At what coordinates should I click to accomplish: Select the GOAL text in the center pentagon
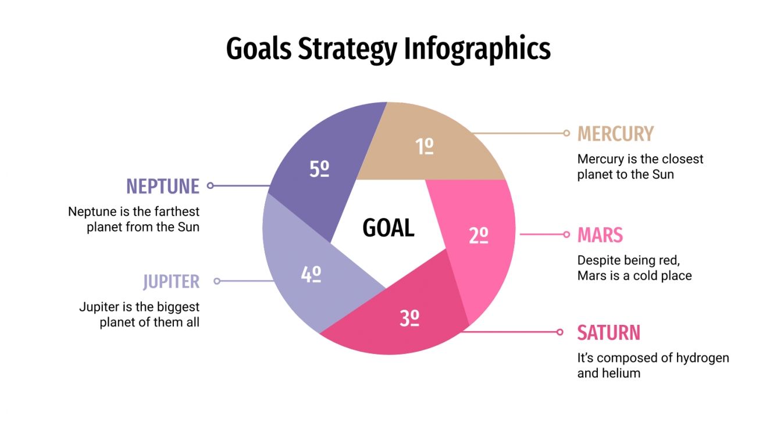tap(388, 228)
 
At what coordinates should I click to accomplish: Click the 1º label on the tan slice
tap(425, 147)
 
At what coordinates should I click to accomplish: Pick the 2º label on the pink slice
tap(478, 235)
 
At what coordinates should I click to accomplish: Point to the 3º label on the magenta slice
tap(409, 318)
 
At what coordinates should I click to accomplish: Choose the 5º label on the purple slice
tap(319, 169)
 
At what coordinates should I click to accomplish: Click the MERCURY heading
tap(615, 134)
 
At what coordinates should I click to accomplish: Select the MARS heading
tap(600, 235)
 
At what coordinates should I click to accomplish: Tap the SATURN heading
tap(608, 333)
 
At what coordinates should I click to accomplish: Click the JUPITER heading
tap(171, 282)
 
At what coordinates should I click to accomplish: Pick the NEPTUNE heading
tap(163, 186)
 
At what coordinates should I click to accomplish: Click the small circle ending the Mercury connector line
tap(566, 133)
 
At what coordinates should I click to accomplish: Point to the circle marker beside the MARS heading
tap(566, 235)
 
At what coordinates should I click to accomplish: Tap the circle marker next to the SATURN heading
tap(560, 332)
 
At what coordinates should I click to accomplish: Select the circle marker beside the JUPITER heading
tap(217, 281)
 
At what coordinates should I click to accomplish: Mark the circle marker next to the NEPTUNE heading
tap(211, 186)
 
